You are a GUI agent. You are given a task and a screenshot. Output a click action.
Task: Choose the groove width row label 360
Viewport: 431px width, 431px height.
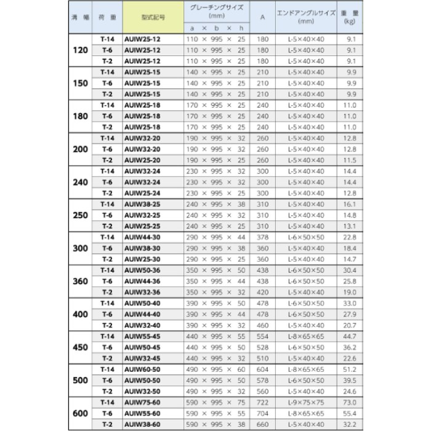pos(81,281)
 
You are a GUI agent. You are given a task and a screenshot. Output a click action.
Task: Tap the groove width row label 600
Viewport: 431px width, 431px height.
pos(81,414)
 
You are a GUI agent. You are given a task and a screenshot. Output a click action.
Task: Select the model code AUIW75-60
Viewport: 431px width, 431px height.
pos(143,403)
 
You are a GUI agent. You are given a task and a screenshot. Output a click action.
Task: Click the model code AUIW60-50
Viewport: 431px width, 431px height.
pos(143,369)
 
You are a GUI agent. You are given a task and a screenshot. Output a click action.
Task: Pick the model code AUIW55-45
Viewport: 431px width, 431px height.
pos(143,336)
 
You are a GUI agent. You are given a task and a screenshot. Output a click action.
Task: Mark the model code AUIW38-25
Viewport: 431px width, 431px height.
pos(143,204)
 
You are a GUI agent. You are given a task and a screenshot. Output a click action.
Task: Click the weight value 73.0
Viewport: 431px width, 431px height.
pos(350,403)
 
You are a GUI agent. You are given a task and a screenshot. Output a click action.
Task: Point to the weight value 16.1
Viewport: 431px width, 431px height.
pos(350,204)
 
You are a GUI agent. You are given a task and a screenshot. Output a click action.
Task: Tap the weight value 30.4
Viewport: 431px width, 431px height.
pos(350,270)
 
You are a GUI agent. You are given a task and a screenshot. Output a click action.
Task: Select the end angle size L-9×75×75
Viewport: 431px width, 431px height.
pos(306,403)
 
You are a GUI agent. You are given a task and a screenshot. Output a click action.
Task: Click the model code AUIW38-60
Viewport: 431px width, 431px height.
pos(143,425)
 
